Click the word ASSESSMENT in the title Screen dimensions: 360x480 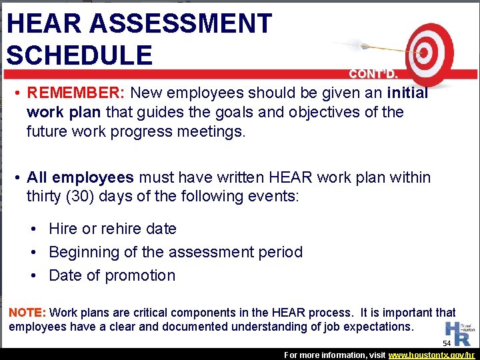[181, 23]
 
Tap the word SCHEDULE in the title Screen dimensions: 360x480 [79, 55]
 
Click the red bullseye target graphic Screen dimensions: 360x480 [429, 51]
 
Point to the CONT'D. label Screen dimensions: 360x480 [374, 74]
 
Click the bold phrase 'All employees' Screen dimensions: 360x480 [80, 178]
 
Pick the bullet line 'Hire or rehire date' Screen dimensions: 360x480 [113, 229]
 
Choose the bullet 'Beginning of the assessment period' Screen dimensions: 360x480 [175, 252]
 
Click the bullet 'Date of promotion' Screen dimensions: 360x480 [112, 275]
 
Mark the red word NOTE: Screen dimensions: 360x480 [26, 312]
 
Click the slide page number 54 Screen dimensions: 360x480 [447, 343]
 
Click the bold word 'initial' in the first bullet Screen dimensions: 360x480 [407, 93]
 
